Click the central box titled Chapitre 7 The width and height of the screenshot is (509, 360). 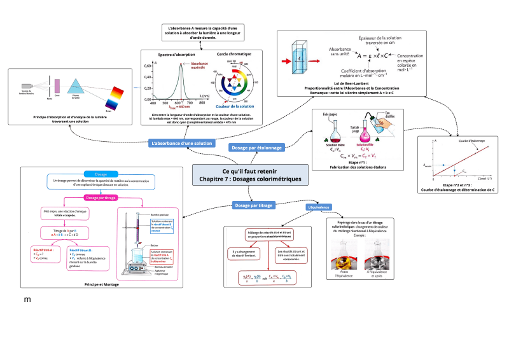(250, 176)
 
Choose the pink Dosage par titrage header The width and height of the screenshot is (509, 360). (100, 198)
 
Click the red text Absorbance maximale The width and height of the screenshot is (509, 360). (199, 66)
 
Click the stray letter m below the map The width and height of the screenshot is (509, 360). (27, 299)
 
